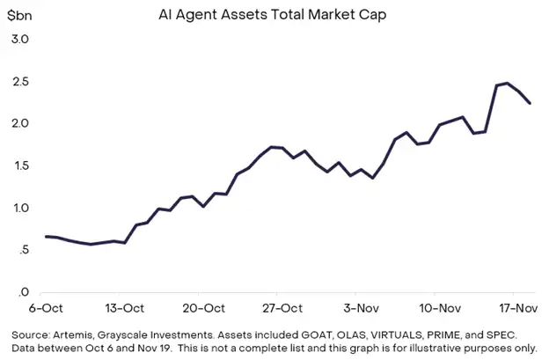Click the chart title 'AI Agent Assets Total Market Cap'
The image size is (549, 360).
(x=274, y=15)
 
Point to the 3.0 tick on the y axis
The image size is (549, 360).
(x=20, y=40)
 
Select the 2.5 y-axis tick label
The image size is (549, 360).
(x=20, y=82)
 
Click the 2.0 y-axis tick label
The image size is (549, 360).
(x=20, y=124)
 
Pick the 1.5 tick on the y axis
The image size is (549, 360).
(x=20, y=166)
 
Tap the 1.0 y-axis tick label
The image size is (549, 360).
(x=20, y=209)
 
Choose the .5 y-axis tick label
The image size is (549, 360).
(x=23, y=251)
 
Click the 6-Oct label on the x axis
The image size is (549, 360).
(x=45, y=308)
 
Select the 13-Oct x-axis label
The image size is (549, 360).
(x=123, y=308)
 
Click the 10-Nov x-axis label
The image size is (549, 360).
(x=439, y=308)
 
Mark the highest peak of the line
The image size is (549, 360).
(x=508, y=83)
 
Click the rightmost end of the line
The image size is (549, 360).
(x=530, y=103)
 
